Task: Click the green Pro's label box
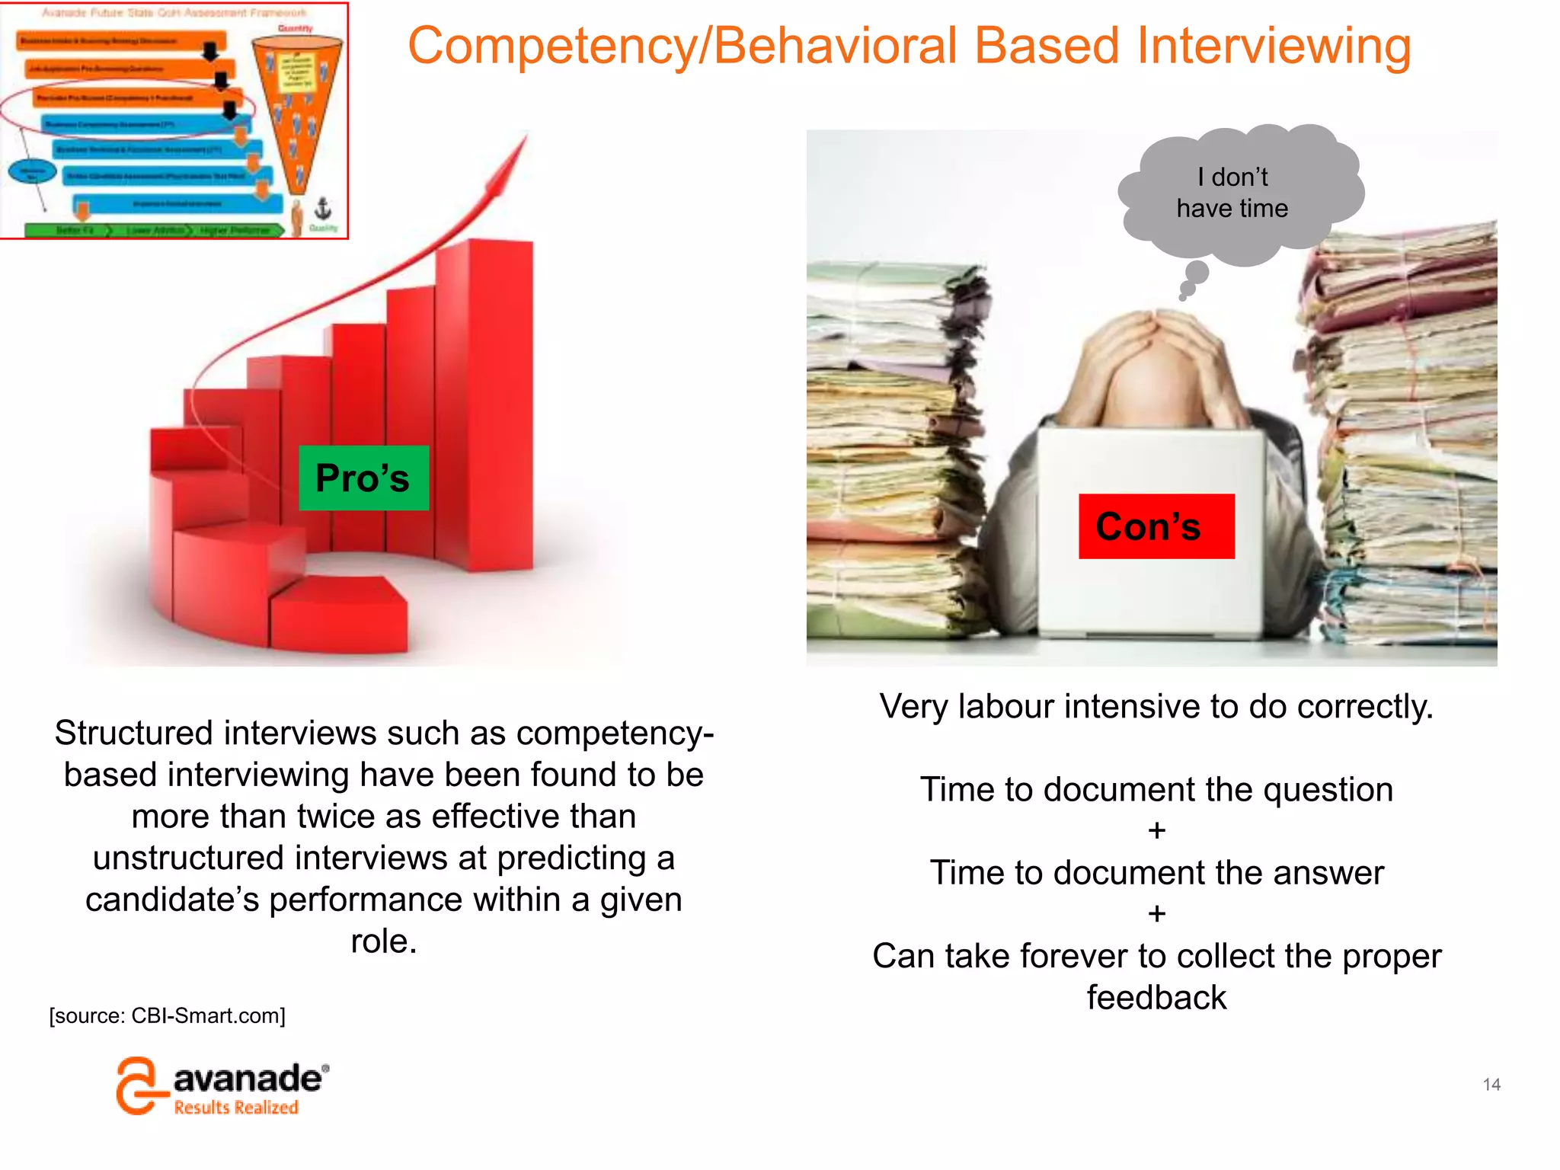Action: pos(363,478)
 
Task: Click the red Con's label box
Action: pos(1156,526)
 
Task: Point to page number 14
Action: pos(1491,1084)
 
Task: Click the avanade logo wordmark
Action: pos(248,1079)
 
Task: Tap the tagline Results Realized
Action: pos(236,1108)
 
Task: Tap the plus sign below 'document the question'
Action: pos(1156,830)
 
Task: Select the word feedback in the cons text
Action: pos(1156,997)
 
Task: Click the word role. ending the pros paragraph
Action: pos(384,941)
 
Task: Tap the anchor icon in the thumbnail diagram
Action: pos(323,208)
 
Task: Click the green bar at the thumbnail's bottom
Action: pos(152,230)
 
